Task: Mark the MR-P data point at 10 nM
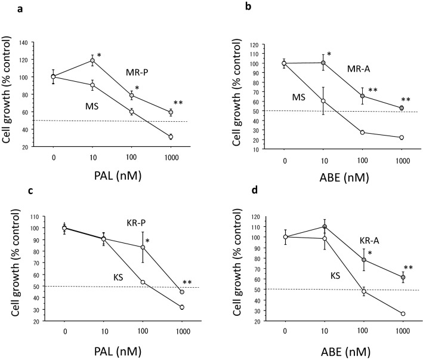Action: point(92,60)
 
